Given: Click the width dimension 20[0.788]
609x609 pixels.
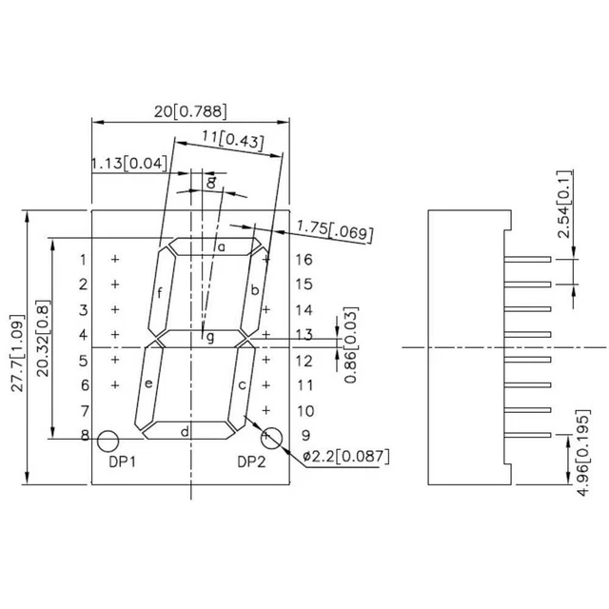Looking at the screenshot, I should click(x=190, y=111).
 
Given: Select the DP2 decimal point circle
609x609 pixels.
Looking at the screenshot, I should click(x=271, y=438).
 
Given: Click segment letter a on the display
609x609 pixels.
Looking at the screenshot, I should click(x=221, y=247).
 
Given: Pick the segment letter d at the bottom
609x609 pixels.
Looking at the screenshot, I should click(x=186, y=432).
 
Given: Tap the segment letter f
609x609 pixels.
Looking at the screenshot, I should click(x=160, y=291).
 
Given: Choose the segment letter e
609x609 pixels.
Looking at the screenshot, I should click(x=148, y=383).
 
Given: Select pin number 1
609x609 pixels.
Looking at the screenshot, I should click(x=83, y=260).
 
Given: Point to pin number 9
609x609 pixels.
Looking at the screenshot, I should click(x=304, y=436).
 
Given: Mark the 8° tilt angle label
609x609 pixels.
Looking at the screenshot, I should click(x=210, y=180).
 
